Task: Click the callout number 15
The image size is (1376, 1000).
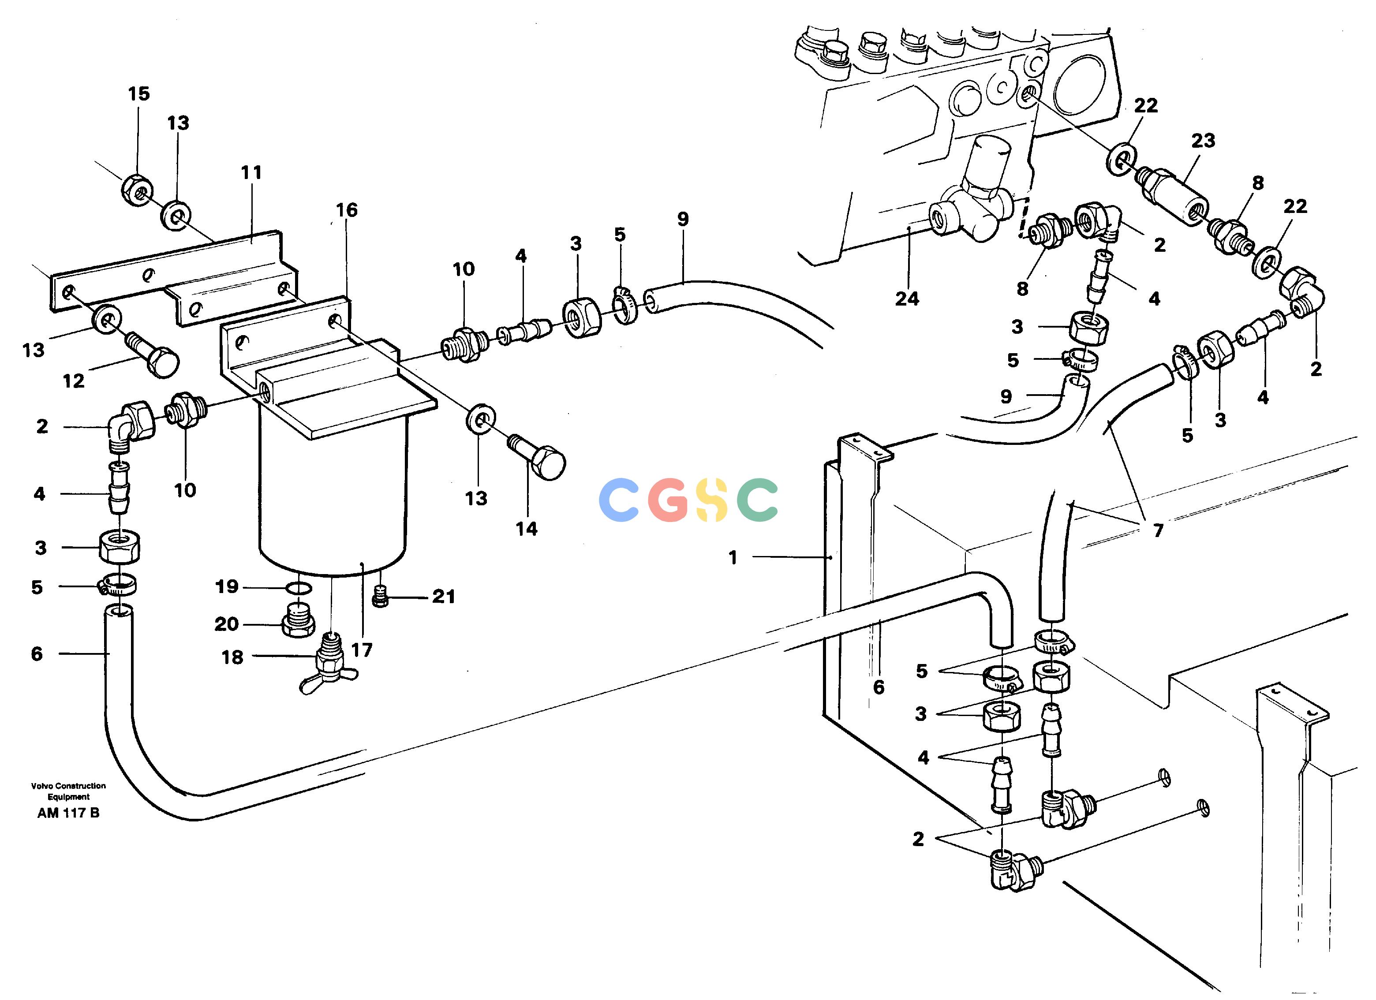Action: [139, 94]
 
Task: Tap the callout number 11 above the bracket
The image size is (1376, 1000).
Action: [251, 172]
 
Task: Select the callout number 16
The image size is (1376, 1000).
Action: [347, 210]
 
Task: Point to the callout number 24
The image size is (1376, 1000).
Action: [907, 299]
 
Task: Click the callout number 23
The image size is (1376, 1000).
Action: [1203, 141]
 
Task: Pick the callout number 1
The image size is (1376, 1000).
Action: [733, 557]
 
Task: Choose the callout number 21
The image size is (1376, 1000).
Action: [444, 597]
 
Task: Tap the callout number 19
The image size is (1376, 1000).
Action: [227, 586]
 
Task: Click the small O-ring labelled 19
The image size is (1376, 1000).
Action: [299, 588]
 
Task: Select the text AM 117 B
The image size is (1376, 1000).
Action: [68, 813]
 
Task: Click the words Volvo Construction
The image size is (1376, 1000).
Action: [68, 786]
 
